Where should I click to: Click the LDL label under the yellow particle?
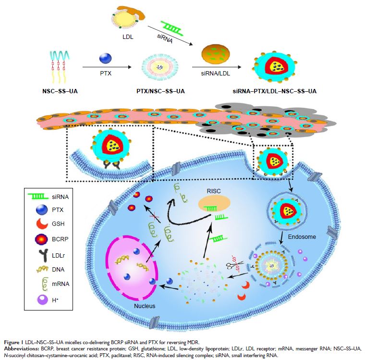click(128, 37)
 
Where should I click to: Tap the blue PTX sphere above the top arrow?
click(104, 59)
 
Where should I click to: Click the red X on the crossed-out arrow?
click(153, 218)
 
